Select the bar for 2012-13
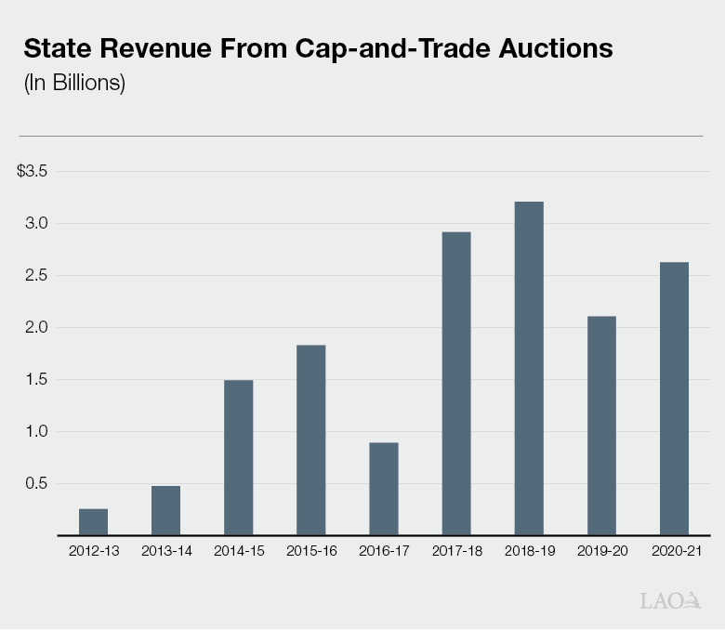pos(93,522)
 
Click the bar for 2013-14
pos(165,510)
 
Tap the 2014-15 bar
pos(238,457)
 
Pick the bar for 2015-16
pos(310,440)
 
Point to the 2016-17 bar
pos(383,489)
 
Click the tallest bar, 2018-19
pos(528,369)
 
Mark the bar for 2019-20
pos(600,426)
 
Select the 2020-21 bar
pos(674,399)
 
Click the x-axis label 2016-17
pos(383,551)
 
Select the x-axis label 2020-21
pos(674,551)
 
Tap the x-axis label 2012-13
pos(93,551)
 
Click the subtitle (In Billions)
pos(73,83)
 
